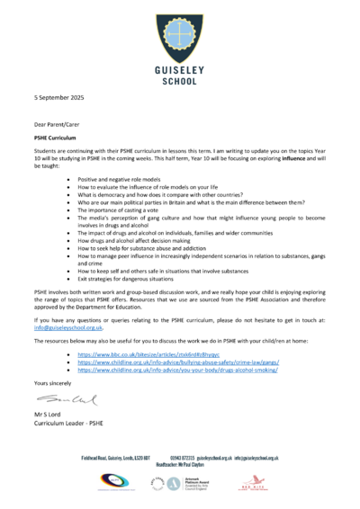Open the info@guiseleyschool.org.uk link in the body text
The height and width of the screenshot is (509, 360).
(x=68, y=327)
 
